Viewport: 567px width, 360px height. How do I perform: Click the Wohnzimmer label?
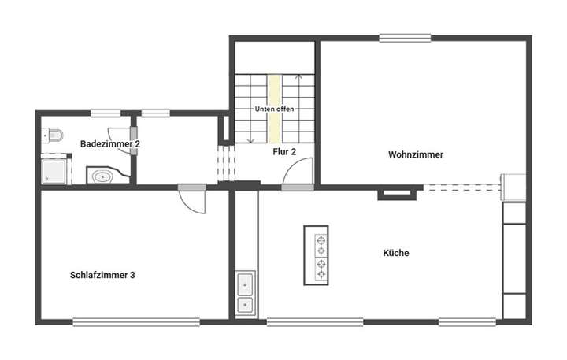(415, 155)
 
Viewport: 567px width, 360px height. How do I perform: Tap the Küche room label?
(395, 253)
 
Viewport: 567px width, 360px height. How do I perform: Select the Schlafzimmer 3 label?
(102, 275)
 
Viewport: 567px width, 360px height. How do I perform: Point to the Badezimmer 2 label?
(109, 144)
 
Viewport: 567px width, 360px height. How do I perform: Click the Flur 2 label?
(284, 151)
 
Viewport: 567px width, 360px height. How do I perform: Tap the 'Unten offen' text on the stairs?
(274, 109)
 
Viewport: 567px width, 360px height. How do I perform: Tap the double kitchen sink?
(245, 292)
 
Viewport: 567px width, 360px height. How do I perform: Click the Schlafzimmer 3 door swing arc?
(195, 202)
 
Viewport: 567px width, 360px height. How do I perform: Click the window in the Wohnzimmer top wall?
(404, 37)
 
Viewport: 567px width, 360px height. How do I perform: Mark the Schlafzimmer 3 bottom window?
(136, 321)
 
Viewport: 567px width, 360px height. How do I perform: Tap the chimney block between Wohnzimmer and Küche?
(396, 191)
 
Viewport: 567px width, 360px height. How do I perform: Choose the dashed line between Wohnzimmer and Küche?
(461, 187)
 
